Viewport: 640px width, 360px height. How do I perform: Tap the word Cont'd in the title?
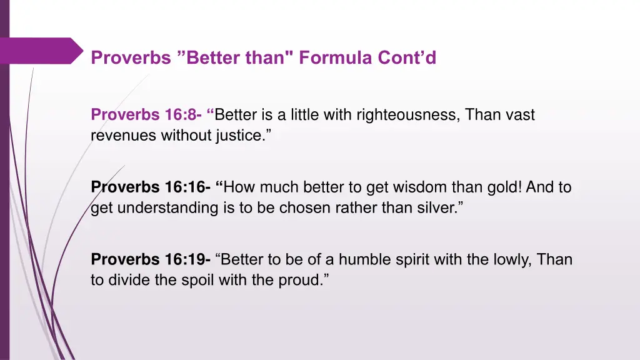[407, 58]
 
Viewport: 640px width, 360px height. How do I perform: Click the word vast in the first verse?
[520, 115]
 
